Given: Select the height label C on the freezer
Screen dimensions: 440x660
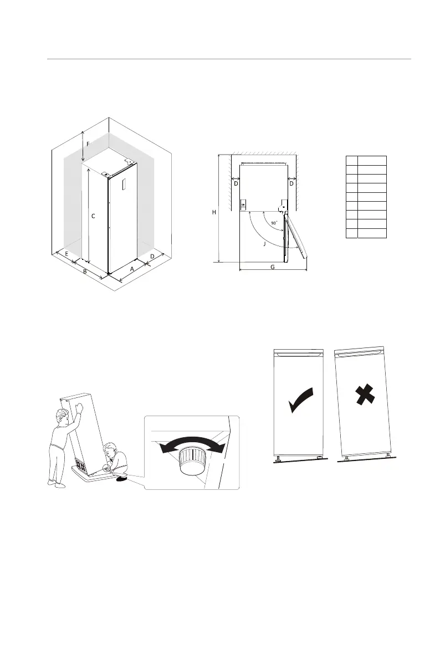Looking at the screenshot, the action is coord(93,216).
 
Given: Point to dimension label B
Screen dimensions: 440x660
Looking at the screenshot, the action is coord(84,272).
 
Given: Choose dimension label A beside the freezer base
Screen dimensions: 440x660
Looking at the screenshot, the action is coord(131,268).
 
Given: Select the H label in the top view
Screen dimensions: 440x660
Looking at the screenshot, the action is coord(214,212).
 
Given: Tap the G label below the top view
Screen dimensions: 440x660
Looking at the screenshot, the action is coord(272,267).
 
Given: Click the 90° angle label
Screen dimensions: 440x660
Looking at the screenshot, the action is coord(274,223).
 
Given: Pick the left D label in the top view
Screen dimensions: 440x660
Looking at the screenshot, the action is coord(236,183).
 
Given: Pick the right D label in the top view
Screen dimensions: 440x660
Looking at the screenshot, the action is coord(291,183).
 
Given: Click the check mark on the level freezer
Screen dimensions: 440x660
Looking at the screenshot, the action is coord(301,400).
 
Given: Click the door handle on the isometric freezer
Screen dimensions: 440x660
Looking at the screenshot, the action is coord(124,186).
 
